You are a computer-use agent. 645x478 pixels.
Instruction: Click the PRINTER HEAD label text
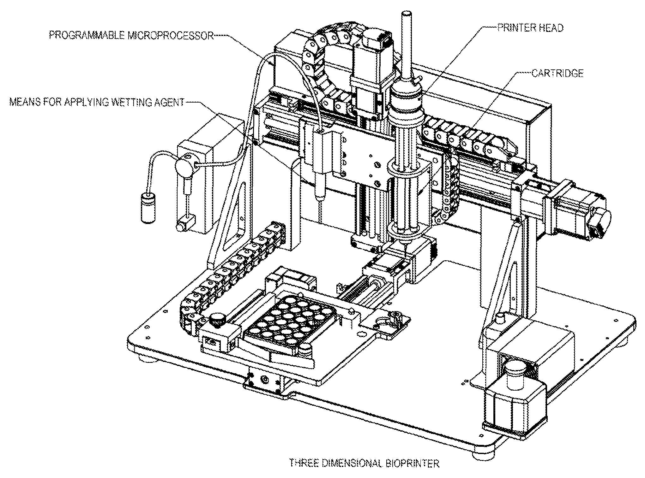530,28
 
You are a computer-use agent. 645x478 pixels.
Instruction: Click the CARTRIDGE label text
557,73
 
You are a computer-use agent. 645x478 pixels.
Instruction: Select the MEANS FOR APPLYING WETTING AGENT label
96,102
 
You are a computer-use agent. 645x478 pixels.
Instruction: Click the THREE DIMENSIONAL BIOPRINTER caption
364,463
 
